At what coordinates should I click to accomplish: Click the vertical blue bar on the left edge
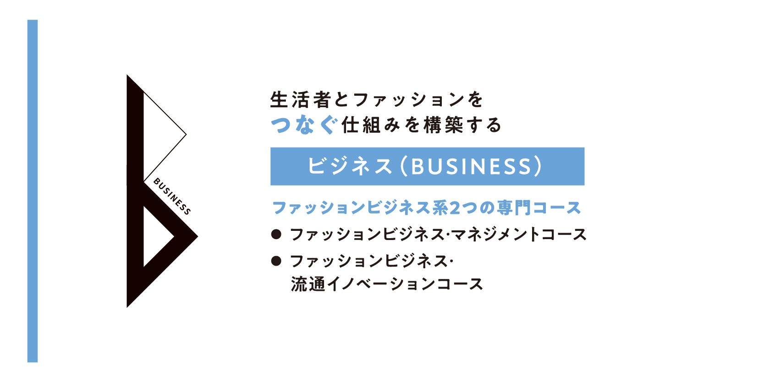33,191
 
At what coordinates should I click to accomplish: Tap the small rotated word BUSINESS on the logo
172,196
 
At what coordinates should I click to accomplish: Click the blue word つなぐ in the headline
304,125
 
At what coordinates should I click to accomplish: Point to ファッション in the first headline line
409,100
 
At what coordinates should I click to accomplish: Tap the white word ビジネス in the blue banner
350,166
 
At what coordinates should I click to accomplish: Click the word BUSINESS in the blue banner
471,166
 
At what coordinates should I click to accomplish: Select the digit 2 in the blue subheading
455,208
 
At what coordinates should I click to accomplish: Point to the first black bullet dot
276,235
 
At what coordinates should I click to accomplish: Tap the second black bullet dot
276,261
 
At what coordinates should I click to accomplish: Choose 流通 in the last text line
308,284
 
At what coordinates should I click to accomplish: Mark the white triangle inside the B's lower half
156,236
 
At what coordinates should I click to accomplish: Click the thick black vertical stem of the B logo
135,191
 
